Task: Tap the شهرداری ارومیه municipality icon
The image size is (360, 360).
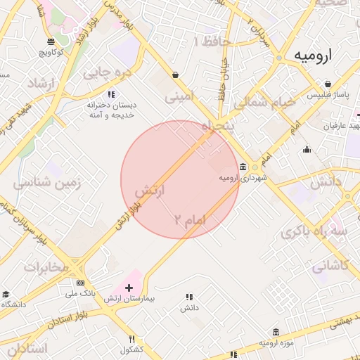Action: [243, 167]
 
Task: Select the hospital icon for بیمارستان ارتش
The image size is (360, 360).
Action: [129, 288]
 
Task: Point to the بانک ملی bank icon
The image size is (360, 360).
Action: [90, 283]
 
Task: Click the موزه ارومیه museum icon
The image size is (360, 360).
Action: [276, 332]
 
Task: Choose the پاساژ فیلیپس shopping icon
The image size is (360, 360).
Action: [328, 84]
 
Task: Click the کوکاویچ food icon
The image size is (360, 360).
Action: [51, 42]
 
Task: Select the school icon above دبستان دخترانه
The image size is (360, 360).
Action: [110, 94]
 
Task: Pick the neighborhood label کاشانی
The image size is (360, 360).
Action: [330, 266]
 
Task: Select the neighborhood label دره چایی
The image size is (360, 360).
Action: [107, 72]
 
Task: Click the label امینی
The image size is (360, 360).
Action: [179, 98]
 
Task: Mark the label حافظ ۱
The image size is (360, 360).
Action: [212, 41]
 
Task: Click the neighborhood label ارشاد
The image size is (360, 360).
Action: [40, 84]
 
